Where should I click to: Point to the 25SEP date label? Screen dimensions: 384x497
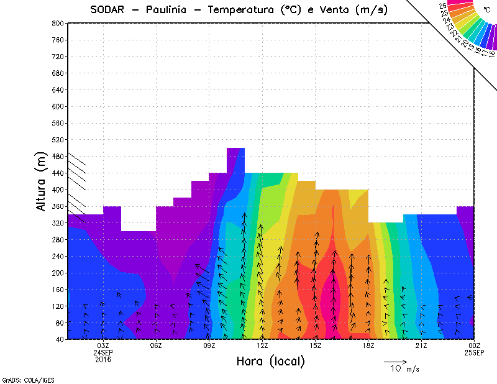[475, 353]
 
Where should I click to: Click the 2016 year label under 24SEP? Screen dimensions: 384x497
[103, 360]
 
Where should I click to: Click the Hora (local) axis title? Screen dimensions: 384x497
[270, 361]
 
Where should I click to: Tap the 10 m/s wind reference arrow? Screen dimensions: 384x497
[395, 361]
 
